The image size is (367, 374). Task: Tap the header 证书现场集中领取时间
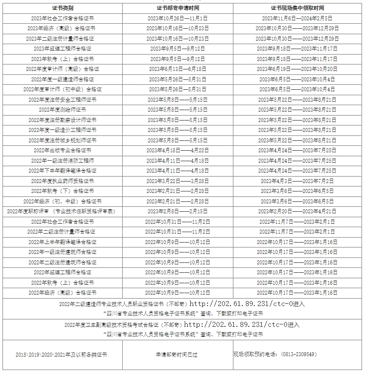coord(297,8)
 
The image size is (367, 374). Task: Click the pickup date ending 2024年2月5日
coord(297,18)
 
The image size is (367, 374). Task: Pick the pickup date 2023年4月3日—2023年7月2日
coord(297,181)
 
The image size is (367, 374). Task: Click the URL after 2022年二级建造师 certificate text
coord(247,304)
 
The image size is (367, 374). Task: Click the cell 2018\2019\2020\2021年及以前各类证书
coord(61,355)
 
